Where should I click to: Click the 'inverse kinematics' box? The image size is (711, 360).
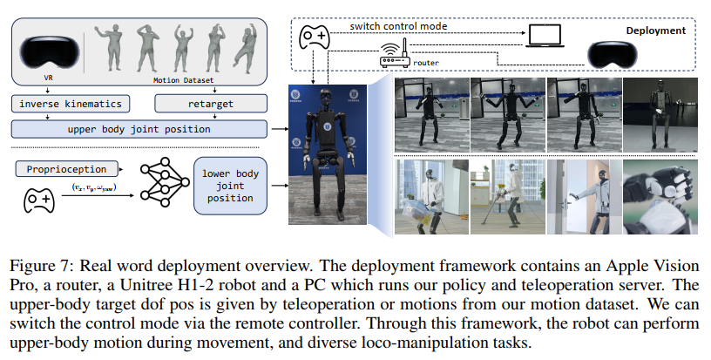point(70,104)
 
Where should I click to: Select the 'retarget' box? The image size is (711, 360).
point(207,104)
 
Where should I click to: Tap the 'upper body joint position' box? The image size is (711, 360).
point(138,129)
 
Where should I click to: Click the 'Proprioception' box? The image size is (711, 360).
point(57,169)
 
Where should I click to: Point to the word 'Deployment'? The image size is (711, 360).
point(656,30)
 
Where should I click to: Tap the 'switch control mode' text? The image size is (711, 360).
point(398,26)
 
